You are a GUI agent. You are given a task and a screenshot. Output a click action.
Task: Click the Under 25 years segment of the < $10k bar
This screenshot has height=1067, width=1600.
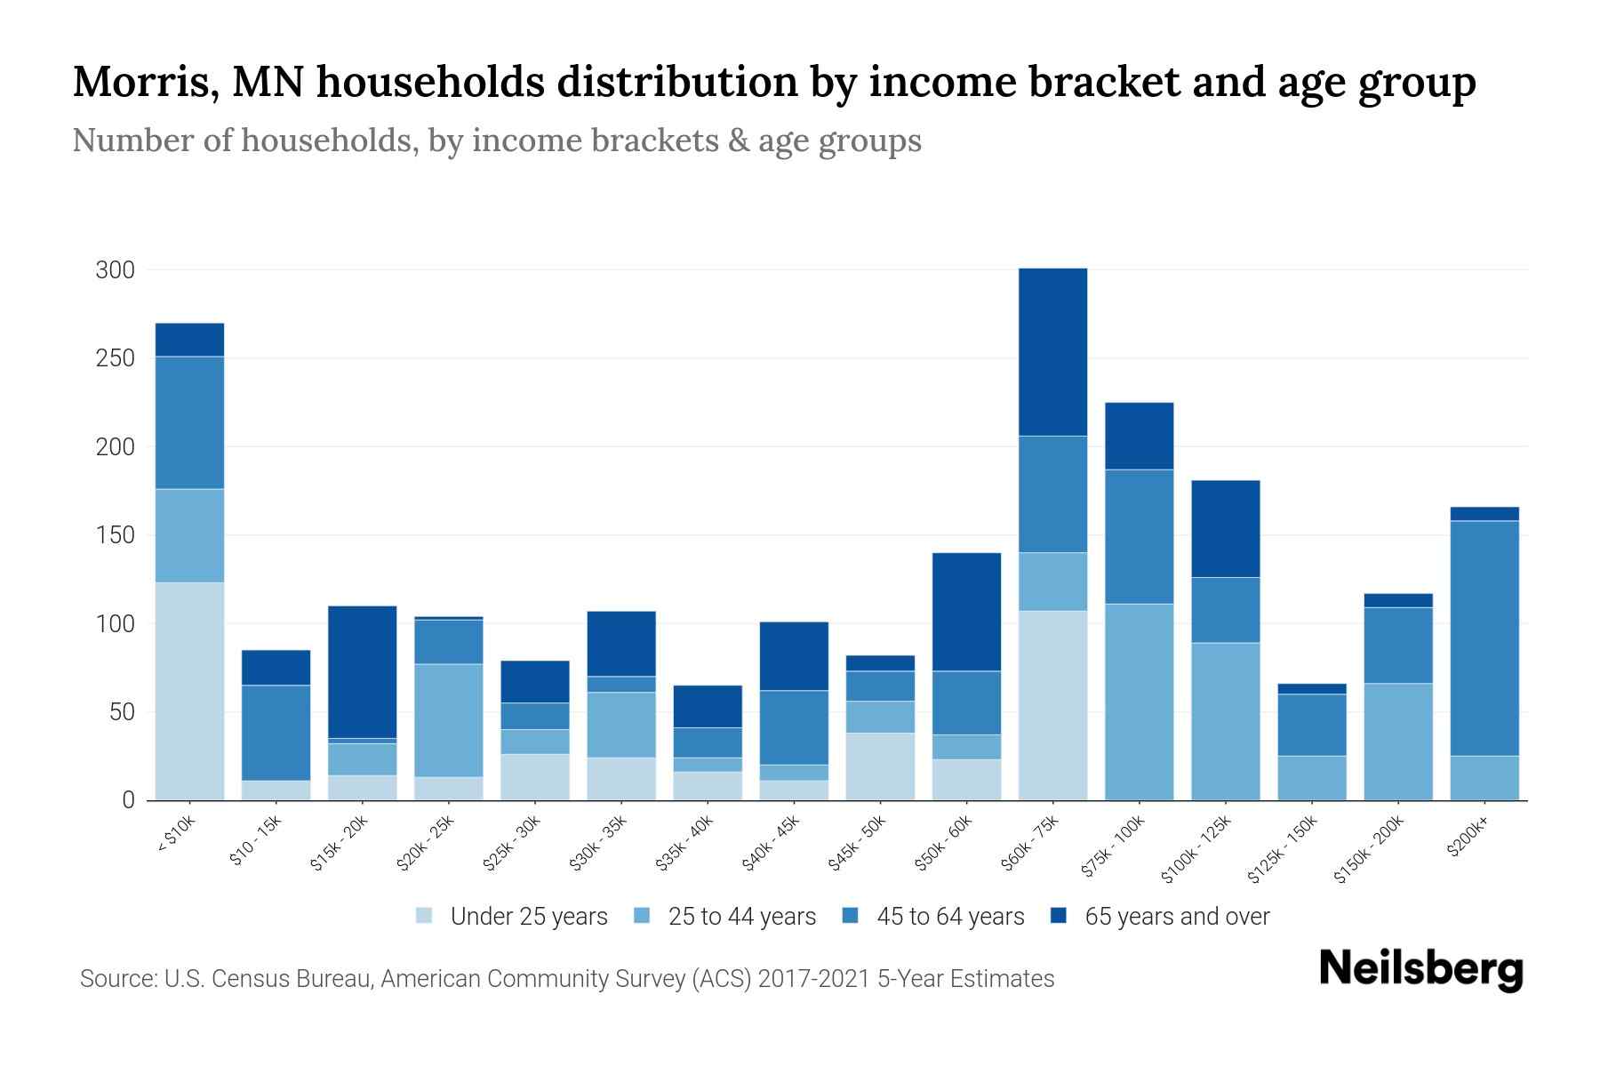coord(189,691)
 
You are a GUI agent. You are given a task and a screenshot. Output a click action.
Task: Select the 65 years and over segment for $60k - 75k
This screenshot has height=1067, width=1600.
coord(1052,351)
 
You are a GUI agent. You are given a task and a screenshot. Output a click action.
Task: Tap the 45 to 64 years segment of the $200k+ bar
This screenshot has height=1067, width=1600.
coord(1484,638)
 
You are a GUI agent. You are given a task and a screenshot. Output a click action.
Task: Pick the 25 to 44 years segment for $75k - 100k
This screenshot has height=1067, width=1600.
coord(1139,702)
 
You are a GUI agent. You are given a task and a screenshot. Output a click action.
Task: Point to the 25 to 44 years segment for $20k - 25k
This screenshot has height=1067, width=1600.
coord(448,720)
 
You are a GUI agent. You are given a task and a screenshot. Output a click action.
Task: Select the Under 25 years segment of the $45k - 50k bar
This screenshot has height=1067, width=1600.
coord(880,766)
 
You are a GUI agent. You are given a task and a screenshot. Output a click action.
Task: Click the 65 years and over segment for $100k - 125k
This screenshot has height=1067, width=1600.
coord(1225,528)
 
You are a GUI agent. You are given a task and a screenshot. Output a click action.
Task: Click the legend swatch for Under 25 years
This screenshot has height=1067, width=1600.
coord(425,916)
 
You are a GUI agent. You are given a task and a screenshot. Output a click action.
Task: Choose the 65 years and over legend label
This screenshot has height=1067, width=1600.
coord(1176,917)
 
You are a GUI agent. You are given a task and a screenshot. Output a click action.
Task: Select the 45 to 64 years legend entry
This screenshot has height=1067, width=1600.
coord(949,917)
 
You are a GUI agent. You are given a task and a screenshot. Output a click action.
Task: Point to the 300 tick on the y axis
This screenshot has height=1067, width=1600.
coord(115,269)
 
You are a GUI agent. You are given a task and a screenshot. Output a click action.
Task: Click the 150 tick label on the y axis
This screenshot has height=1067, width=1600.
coord(115,535)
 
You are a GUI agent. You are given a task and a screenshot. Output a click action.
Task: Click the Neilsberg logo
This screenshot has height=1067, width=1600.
coord(1420,969)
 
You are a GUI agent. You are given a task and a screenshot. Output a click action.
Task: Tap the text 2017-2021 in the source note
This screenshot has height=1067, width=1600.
coord(814,979)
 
